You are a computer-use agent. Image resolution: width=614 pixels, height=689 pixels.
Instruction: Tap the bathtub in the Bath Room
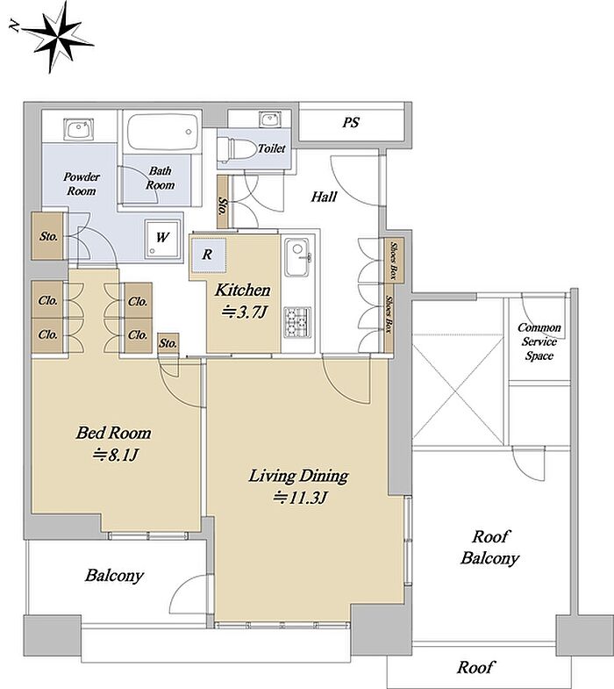coord(161,132)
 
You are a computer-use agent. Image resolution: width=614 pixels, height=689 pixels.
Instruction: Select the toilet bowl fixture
coord(237,149)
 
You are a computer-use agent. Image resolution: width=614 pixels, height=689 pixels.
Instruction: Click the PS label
coord(352,122)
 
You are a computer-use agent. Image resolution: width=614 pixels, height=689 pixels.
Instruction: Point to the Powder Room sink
coord(79,129)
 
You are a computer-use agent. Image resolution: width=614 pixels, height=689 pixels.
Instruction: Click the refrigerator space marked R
coord(207,255)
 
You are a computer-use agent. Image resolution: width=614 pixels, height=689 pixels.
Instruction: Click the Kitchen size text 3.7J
coord(244,312)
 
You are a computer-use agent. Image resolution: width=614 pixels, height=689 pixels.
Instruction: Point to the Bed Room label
coord(114,433)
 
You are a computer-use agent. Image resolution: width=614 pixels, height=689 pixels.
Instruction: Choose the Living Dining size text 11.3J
coord(300,498)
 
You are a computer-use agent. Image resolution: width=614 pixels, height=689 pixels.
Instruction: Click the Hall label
coord(325,197)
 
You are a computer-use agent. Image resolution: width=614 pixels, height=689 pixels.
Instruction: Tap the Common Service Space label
coord(539,341)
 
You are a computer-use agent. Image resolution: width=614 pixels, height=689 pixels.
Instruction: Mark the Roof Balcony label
coord(490,548)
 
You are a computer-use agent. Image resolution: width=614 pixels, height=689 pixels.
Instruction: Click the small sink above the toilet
coord(268,119)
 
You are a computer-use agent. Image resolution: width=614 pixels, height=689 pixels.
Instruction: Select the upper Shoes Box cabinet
coord(391,260)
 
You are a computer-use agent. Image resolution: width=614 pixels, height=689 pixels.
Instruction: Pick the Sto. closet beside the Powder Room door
coord(48,236)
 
